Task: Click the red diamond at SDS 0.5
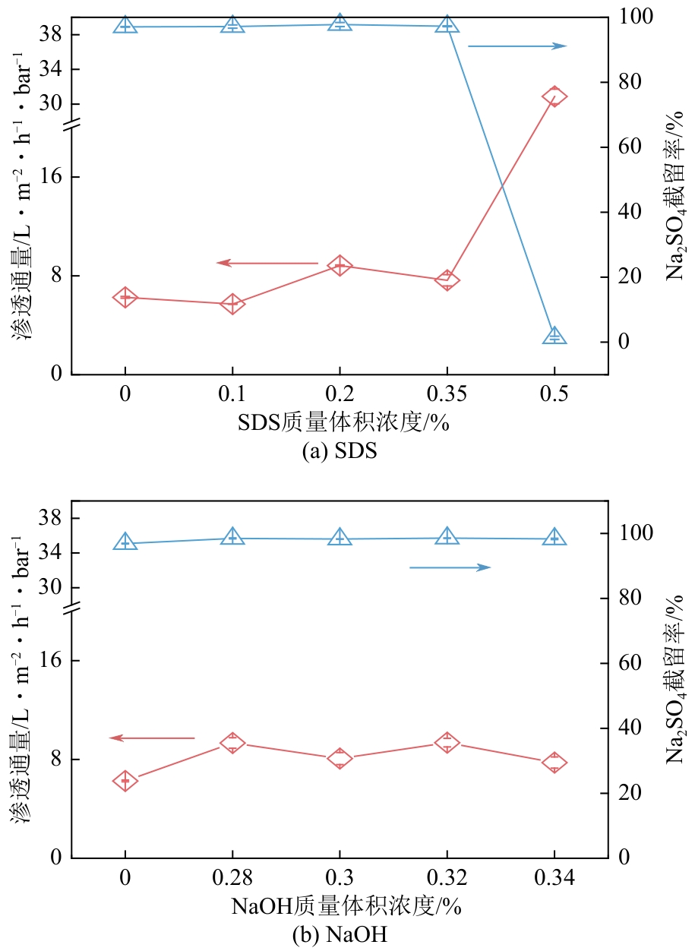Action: tap(554, 96)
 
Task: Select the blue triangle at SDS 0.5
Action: tap(554, 336)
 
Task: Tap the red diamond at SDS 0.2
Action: tap(340, 266)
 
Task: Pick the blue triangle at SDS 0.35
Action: tap(447, 25)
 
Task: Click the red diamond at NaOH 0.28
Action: tap(232, 744)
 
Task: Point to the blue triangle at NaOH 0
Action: tap(125, 542)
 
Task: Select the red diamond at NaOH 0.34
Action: tap(554, 763)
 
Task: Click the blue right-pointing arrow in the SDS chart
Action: tap(517, 46)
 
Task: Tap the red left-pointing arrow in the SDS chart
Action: tap(267, 263)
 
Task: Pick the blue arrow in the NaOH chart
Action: tap(450, 567)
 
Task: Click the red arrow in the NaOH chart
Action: tap(152, 738)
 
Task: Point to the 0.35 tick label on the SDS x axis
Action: tap(447, 396)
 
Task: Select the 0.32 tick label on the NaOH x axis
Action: tap(447, 880)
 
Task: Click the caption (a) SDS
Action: tap(340, 451)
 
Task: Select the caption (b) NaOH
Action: tap(340, 935)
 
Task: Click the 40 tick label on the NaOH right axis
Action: tap(629, 728)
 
